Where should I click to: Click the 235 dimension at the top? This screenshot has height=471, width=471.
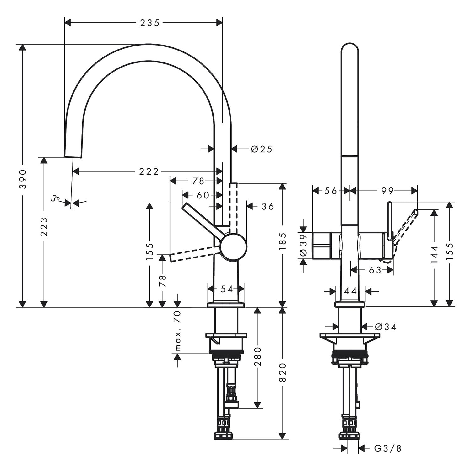150,23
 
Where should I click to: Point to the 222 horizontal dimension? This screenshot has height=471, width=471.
149,171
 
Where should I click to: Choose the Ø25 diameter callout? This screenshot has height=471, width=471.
261,149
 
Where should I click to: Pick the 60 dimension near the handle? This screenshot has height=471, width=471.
203,195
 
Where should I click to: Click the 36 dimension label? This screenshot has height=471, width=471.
268,206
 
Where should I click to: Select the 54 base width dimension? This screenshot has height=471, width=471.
226,289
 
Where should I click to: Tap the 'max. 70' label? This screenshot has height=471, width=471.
178,330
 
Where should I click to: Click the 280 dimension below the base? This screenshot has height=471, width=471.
258,357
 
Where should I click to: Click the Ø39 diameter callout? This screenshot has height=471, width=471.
303,245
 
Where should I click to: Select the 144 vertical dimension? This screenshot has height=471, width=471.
435,254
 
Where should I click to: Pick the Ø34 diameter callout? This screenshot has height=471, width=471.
386,327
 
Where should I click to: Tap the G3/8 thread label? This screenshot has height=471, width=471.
388,448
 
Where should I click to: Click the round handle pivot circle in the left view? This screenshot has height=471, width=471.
233,247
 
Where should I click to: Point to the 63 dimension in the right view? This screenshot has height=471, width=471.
375,270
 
